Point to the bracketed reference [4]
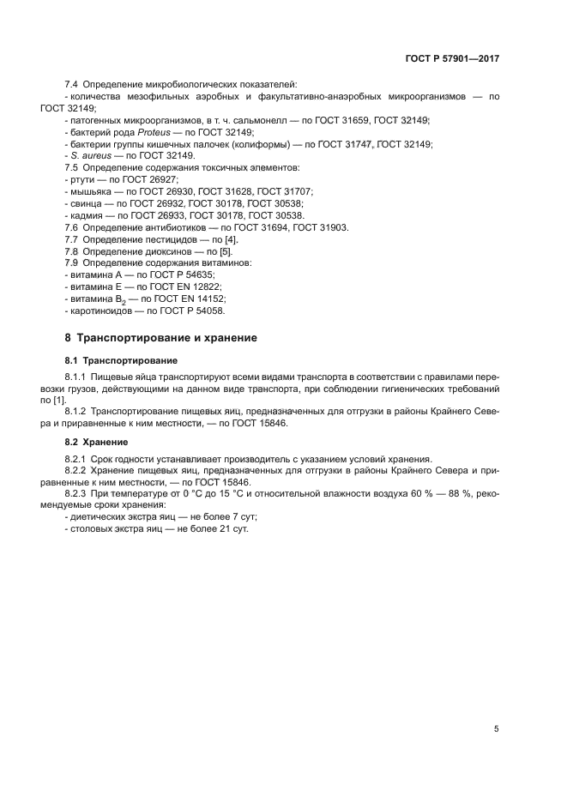pyautogui.click(x=231, y=239)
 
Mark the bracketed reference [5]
pyautogui.click(x=225, y=251)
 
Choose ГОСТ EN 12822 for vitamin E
pyautogui.click(x=186, y=286)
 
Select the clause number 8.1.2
pyautogui.click(x=78, y=412)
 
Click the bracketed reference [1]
pyautogui.click(x=59, y=400)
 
